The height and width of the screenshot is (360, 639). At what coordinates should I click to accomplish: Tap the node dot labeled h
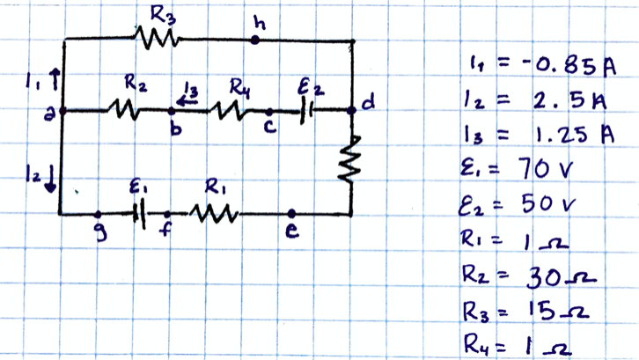tap(255, 40)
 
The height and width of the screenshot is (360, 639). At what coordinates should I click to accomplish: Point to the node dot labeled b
tap(171, 111)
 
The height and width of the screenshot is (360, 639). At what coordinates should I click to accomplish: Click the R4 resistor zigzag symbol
tap(230, 111)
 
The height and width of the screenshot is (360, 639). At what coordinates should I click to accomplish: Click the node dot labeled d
tap(352, 110)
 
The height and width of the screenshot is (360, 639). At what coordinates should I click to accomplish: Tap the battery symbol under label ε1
tap(139, 214)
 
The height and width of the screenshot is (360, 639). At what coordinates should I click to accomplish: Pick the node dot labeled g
tap(98, 214)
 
